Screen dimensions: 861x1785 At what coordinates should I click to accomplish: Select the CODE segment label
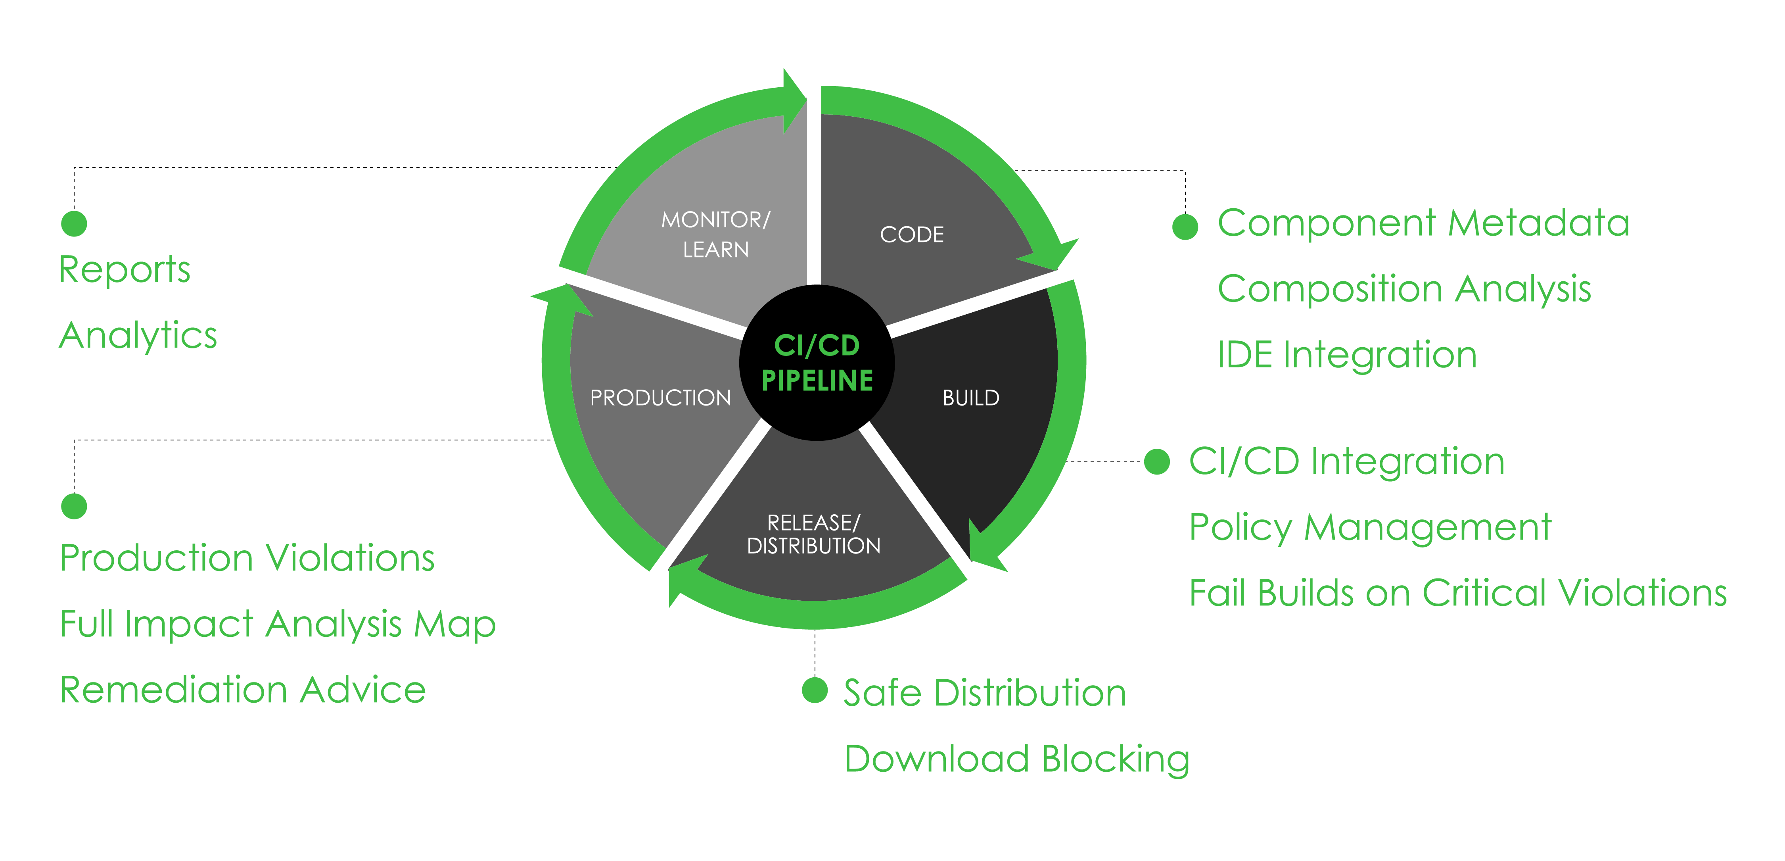pyautogui.click(x=912, y=235)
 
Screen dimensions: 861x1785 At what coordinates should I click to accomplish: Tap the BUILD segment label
pyautogui.click(x=971, y=398)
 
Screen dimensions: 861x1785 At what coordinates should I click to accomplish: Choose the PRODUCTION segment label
pyautogui.click(x=660, y=398)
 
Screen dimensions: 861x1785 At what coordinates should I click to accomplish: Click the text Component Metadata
pyautogui.click(x=1423, y=223)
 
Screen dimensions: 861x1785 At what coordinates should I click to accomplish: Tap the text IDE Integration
pyautogui.click(x=1347, y=355)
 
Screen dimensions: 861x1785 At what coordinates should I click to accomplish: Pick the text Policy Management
pyautogui.click(x=1370, y=528)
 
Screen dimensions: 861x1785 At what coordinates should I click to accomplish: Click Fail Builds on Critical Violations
pyautogui.click(x=1458, y=594)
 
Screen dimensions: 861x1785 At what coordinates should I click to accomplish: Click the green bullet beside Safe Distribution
pyautogui.click(x=815, y=690)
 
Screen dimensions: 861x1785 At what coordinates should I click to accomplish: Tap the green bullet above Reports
pyautogui.click(x=74, y=224)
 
